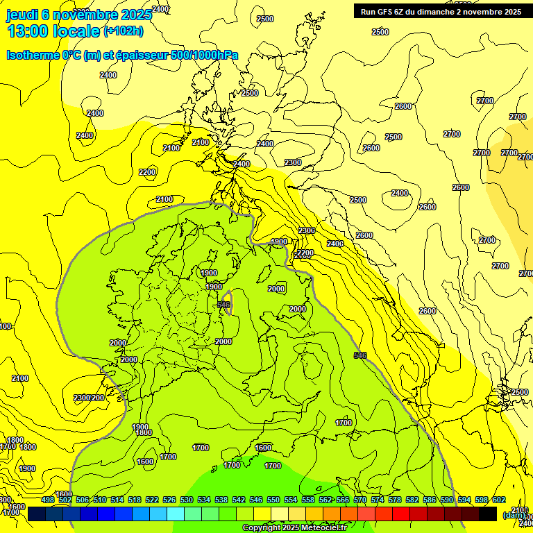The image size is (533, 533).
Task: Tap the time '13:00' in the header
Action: pos(28,31)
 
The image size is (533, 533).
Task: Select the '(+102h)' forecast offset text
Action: pos(124,31)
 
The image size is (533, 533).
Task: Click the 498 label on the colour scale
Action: pos(48,500)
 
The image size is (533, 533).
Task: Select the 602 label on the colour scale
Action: pos(499,500)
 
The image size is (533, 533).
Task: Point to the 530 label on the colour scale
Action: pos(187,500)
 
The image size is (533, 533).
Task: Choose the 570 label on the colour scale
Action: pos(359,500)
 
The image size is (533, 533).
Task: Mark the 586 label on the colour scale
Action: pos(430,500)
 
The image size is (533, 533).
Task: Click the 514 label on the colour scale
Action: pos(117,500)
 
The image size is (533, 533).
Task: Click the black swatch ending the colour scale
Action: pos(488,514)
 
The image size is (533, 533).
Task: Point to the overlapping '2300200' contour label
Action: pos(89,398)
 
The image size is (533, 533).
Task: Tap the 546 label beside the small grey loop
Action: pos(223,305)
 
